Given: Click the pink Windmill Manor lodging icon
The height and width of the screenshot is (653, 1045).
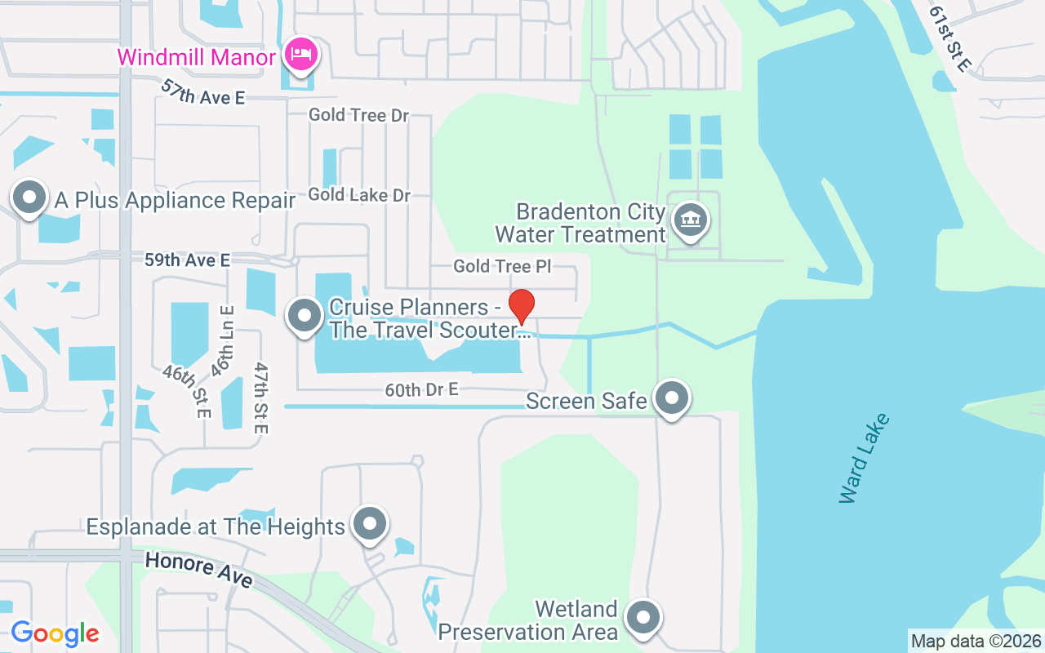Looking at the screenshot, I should pyautogui.click(x=301, y=56).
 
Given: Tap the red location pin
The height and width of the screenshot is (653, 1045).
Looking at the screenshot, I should pyautogui.click(x=522, y=306).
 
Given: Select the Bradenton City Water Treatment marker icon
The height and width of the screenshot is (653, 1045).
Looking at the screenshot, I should pyautogui.click(x=691, y=220).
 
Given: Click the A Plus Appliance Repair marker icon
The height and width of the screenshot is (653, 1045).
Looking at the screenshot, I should pyautogui.click(x=30, y=198).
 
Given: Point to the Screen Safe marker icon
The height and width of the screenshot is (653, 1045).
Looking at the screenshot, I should pyautogui.click(x=672, y=398).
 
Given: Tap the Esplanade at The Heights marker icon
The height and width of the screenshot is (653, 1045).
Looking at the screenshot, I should pyautogui.click(x=370, y=523).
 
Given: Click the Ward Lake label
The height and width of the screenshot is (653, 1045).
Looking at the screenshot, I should pyautogui.click(x=863, y=459).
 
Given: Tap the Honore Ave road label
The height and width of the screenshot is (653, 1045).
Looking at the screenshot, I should pyautogui.click(x=200, y=570).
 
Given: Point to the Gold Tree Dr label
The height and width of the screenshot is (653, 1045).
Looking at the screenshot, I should pyautogui.click(x=358, y=115).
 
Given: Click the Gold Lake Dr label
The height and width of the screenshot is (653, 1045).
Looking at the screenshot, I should pyautogui.click(x=359, y=195).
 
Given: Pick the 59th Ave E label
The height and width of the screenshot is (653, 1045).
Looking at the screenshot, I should pyautogui.click(x=187, y=260).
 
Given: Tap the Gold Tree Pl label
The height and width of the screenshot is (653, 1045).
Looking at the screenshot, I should pyautogui.click(x=503, y=266).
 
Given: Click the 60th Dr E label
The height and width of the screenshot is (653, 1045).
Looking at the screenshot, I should pyautogui.click(x=421, y=390).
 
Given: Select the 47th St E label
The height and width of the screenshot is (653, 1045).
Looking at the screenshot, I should pyautogui.click(x=260, y=398).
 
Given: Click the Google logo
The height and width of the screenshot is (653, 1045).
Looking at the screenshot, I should pyautogui.click(x=55, y=633).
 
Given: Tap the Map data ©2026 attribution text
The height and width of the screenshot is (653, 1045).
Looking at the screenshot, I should pyautogui.click(x=976, y=641).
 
